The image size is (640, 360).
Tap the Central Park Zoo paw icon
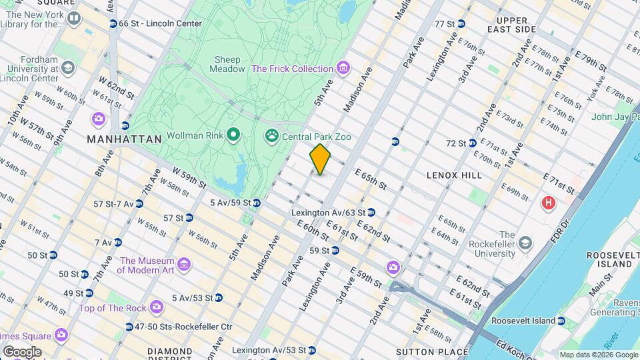click(x=271, y=137)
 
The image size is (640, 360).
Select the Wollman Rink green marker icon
click(x=233, y=137)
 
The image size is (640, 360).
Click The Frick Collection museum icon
click(x=343, y=68)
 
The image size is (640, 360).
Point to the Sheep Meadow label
click(x=225, y=64)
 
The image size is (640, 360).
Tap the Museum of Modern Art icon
click(x=185, y=265)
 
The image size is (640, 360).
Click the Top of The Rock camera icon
click(x=157, y=307)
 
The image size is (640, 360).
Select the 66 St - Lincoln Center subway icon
click(x=113, y=24)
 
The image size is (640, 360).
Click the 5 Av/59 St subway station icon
click(x=255, y=203)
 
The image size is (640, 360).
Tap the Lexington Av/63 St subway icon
click(x=371, y=213)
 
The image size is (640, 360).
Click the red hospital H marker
click(x=549, y=203)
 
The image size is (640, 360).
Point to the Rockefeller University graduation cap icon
click(x=526, y=241)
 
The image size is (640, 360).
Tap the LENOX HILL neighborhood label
click(x=453, y=175)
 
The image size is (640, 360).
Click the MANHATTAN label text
click(x=124, y=140)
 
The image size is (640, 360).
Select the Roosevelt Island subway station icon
click(x=561, y=321)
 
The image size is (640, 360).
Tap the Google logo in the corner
click(x=21, y=351)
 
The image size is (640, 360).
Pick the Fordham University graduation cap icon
click(x=68, y=68)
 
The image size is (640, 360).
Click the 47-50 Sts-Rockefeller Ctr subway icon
click(x=129, y=327)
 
